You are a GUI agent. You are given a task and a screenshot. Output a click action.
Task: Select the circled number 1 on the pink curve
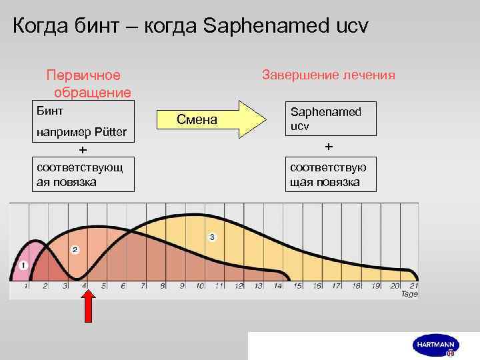coord(24,265)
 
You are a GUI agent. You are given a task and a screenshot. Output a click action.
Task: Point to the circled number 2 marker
coord(75,249)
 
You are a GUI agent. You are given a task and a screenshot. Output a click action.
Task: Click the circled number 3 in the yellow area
coord(212,237)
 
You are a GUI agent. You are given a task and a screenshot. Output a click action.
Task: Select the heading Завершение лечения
coord(328,75)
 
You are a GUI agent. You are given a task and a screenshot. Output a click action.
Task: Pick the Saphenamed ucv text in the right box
coord(324,118)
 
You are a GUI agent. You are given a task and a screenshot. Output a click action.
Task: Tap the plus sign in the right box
coord(327,146)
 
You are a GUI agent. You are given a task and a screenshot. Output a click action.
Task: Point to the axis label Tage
coord(409,294)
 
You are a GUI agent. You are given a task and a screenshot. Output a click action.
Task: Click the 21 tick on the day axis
coord(413,286)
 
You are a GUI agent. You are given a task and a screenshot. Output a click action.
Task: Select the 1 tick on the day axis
coord(26,286)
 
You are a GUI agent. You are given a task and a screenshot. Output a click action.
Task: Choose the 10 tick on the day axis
coord(200,286)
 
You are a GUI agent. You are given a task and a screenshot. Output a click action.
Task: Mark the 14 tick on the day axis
coord(277,286)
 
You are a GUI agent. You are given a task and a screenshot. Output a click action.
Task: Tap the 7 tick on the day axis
coord(142,286)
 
